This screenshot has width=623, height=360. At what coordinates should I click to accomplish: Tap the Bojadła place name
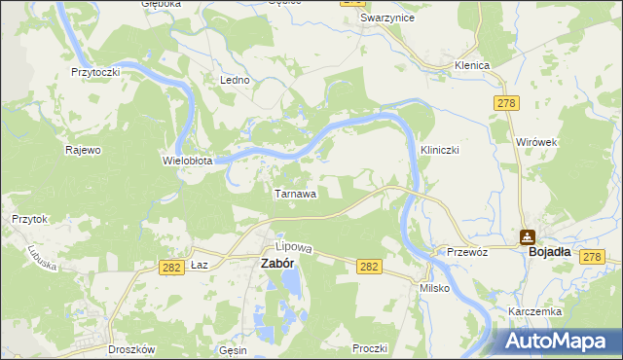tap(550, 251)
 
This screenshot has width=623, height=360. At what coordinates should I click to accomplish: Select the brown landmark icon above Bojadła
tap(527, 235)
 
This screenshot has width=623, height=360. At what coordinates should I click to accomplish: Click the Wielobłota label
tap(187, 161)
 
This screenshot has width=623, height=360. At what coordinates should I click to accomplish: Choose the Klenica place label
tap(470, 65)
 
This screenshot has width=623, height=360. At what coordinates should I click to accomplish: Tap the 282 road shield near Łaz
tap(172, 266)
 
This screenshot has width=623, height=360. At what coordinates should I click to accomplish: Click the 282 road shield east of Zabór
tap(368, 266)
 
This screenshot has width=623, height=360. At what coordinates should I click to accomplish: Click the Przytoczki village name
tap(95, 72)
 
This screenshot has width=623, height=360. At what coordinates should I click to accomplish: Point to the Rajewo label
tap(83, 150)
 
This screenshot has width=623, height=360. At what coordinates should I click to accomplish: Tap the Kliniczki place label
tap(439, 151)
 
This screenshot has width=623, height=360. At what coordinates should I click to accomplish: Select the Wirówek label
tap(535, 142)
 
